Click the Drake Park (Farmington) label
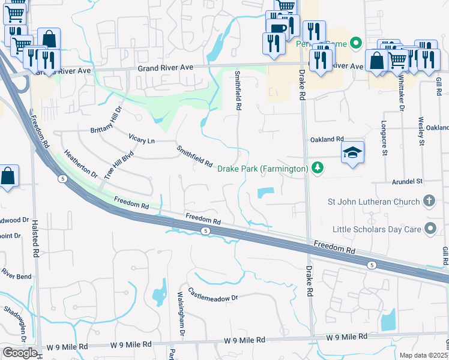point(263,169)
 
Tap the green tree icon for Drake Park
point(319,169)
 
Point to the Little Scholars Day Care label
point(376,229)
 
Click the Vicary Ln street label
point(142,139)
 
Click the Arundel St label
point(407,181)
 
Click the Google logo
point(20,352)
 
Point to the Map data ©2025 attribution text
point(424,355)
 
